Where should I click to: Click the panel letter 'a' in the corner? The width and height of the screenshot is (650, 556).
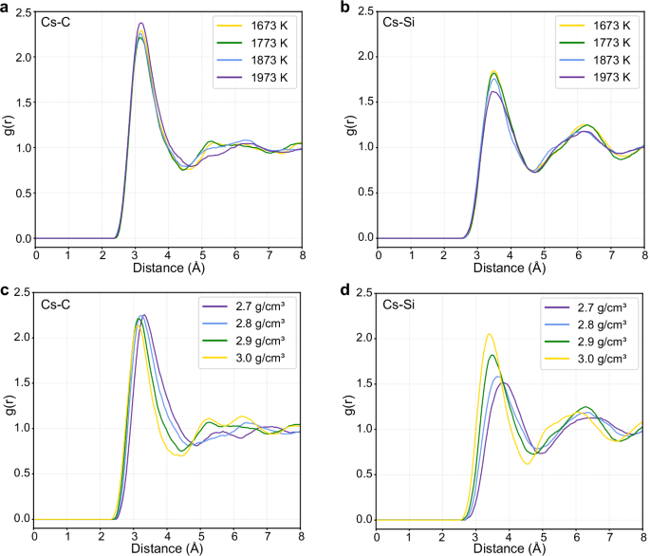coord(6,7)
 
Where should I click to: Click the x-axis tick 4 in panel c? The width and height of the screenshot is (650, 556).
coord(166,534)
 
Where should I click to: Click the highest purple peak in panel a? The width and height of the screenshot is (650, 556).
coord(141,23)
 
